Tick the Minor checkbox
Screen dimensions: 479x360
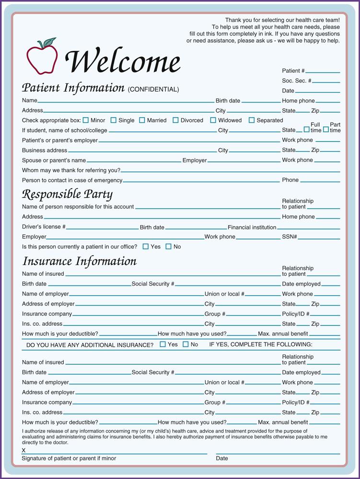pos(86,120)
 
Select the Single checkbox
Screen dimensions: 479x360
pos(114,120)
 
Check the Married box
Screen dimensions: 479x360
pos(142,120)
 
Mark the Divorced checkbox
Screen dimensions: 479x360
pos(175,120)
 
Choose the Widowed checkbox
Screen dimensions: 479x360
pos(213,120)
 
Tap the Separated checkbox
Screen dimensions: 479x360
pos(252,120)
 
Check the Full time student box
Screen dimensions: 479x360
pos(307,129)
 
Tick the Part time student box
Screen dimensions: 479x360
pos(326,129)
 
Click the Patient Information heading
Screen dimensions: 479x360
pos(73,88)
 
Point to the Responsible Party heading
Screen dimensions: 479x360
pos(68,194)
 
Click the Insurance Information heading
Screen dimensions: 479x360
pos(80,261)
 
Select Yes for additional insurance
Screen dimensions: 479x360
pos(163,344)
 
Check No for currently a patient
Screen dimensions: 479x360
pos(168,247)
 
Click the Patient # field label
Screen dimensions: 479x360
pos(293,71)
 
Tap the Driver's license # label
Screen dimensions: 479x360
pos(44,227)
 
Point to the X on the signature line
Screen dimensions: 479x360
pos(24,450)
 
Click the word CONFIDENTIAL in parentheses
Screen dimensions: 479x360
pos(153,90)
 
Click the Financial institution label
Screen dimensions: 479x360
pos(252,227)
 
